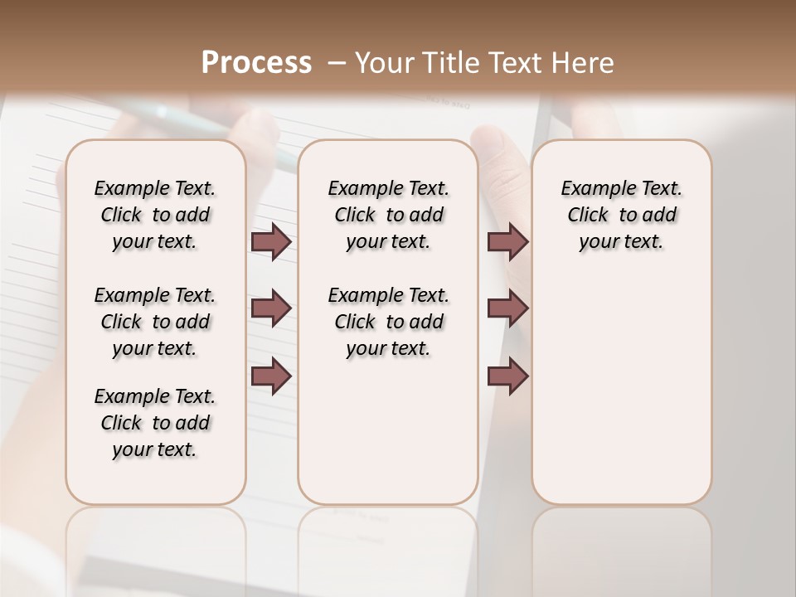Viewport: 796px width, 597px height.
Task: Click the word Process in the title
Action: pyautogui.click(x=256, y=63)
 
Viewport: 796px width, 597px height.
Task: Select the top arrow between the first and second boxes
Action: pyautogui.click(x=271, y=241)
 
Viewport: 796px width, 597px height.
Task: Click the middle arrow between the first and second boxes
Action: pyautogui.click(x=271, y=308)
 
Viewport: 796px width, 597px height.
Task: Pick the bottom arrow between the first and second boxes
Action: pyautogui.click(x=271, y=376)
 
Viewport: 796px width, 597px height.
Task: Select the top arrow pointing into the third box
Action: pyautogui.click(x=507, y=241)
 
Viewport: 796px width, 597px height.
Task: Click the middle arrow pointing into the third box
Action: pyautogui.click(x=507, y=308)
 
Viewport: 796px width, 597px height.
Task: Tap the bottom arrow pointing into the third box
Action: pyautogui.click(x=507, y=376)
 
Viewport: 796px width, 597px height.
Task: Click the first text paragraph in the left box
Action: pyautogui.click(x=155, y=215)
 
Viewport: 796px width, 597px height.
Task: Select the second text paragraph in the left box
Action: pyautogui.click(x=155, y=322)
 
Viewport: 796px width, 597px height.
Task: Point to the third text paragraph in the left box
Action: pyautogui.click(x=155, y=423)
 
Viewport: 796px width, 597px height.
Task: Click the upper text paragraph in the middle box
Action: pyautogui.click(x=388, y=215)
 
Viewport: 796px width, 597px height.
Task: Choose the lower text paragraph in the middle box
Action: pyautogui.click(x=388, y=322)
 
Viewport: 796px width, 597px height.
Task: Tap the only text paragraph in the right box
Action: pyautogui.click(x=622, y=215)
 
